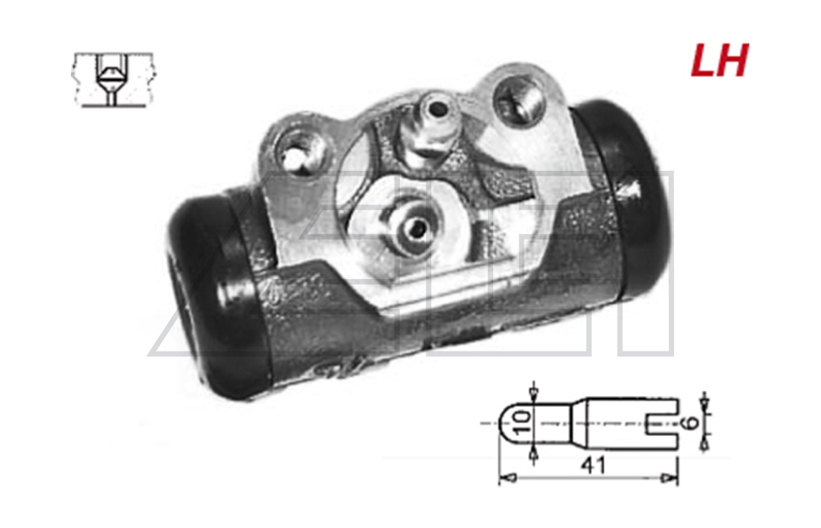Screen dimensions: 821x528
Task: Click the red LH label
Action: tap(719, 60)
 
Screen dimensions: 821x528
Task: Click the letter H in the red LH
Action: tap(734, 60)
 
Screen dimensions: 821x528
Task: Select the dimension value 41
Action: tap(593, 465)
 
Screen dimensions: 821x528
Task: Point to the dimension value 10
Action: tap(523, 422)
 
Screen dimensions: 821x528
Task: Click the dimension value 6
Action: tap(691, 422)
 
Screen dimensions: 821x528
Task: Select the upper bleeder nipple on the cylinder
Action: tap(429, 126)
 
